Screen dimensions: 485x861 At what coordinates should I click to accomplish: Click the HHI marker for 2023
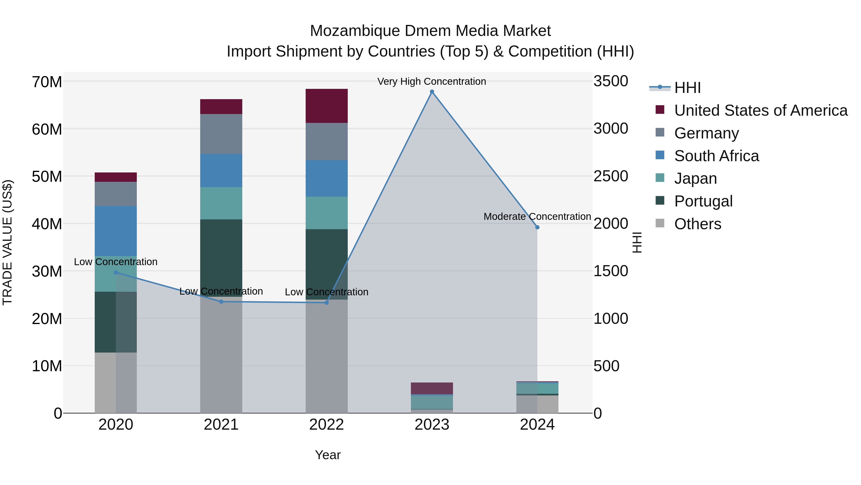coord(432,92)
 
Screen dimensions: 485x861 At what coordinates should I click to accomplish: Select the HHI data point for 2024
coord(537,227)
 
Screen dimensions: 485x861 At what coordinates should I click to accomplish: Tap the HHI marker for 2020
coord(116,273)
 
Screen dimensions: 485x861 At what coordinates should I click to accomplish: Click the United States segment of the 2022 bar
coord(326,106)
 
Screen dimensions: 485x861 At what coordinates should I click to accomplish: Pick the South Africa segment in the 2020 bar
coord(116,231)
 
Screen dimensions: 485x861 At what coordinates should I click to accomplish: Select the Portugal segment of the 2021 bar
coord(221,258)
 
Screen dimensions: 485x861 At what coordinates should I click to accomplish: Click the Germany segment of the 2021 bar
coord(221,134)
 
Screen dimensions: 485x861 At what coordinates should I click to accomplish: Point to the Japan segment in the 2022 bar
coord(326,213)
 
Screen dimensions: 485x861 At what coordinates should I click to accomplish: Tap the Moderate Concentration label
coord(537,217)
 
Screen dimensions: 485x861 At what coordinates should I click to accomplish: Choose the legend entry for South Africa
coord(716,156)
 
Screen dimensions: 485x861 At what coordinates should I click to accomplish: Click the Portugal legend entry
coord(703,201)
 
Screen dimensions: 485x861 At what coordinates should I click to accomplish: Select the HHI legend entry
coord(687,88)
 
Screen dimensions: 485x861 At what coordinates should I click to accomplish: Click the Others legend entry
coord(698,224)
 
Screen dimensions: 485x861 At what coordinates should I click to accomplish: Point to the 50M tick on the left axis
coord(47,176)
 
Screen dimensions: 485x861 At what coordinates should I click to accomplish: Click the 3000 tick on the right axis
coord(611,129)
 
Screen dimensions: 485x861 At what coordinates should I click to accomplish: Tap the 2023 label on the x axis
coord(432,425)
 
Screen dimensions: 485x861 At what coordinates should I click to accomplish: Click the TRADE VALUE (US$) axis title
coord(7,242)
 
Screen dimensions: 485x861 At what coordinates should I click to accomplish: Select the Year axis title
coord(328,455)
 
